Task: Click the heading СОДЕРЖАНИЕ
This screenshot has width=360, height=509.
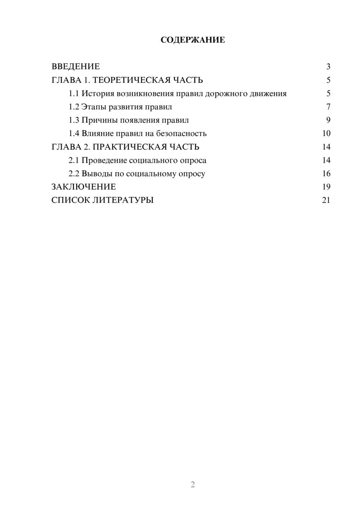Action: tap(193, 40)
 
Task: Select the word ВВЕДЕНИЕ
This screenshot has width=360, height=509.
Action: tap(76, 67)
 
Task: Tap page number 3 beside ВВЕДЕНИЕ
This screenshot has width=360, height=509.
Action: tap(328, 67)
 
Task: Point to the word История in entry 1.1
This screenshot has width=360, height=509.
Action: tap(98, 94)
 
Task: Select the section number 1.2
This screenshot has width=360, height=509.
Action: tap(74, 107)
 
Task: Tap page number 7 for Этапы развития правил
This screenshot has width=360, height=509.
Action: tap(328, 107)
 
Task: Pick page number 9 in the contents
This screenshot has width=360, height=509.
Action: tap(328, 120)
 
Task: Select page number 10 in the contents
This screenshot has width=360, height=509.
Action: tap(326, 134)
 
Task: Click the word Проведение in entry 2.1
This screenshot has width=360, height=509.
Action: tap(104, 160)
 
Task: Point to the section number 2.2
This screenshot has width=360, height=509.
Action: tap(74, 174)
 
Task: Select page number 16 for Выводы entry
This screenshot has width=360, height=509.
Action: tap(326, 174)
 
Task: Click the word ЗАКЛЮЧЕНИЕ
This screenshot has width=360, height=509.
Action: tap(84, 187)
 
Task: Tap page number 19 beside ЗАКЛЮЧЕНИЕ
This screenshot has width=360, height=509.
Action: tap(326, 187)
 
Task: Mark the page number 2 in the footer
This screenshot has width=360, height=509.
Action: tap(193, 485)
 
